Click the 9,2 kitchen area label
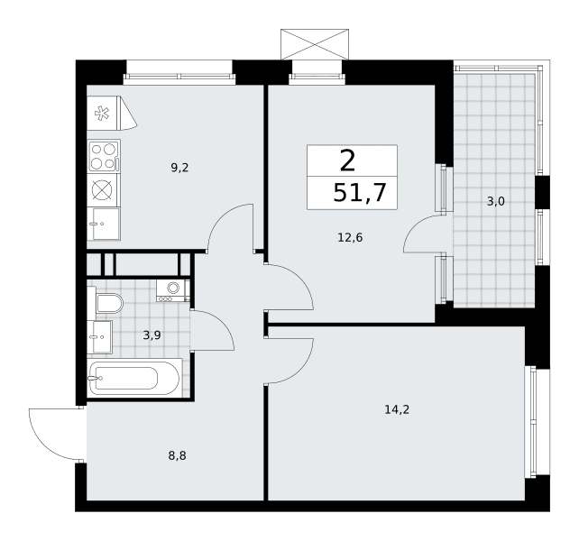pyautogui.click(x=179, y=168)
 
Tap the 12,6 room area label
pyautogui.click(x=350, y=237)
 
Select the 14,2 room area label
pyautogui.click(x=397, y=409)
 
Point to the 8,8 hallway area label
pyautogui.click(x=178, y=456)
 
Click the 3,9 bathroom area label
pyautogui.click(x=152, y=335)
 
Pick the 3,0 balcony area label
pyautogui.click(x=495, y=201)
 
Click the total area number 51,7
pyautogui.click(x=360, y=193)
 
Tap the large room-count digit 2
pyautogui.click(x=347, y=161)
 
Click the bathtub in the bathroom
pyautogui.click(x=134, y=378)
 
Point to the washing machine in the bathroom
pyautogui.click(x=172, y=290)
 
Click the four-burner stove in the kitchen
pyautogui.click(x=104, y=156)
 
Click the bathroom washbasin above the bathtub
pyautogui.click(x=100, y=337)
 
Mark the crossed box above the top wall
pyautogui.click(x=315, y=44)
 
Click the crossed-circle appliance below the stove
pyautogui.click(x=104, y=190)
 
